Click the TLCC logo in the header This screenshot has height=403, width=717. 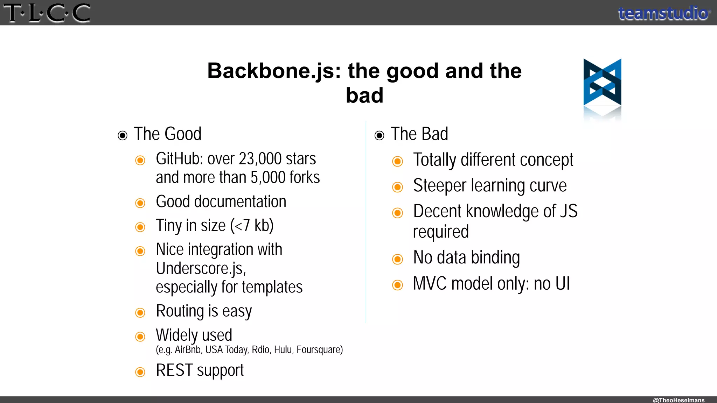47,13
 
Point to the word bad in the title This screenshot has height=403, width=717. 364,95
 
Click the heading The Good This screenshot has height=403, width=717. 167,134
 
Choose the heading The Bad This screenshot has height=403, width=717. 419,134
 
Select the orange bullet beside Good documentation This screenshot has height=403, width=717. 140,203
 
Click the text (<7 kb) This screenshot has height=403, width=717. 252,225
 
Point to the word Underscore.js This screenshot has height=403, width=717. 201,268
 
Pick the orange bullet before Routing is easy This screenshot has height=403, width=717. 140,312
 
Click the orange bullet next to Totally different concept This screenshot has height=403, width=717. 397,161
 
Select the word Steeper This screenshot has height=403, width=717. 439,185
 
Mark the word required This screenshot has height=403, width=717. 440,232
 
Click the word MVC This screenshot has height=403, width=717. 430,283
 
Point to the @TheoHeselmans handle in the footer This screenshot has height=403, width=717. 678,400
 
